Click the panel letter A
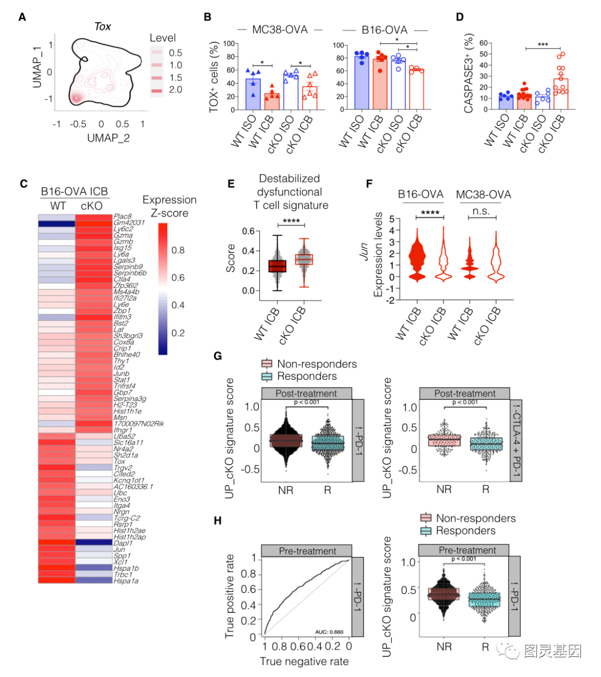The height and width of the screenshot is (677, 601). (22, 17)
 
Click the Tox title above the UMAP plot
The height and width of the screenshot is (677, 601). (102, 26)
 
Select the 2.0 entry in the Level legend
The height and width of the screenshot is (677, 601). (175, 90)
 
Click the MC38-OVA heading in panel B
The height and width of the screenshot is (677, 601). (279, 30)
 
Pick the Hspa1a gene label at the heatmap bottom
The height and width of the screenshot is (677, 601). (126, 581)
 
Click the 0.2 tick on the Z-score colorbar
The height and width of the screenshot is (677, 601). (178, 333)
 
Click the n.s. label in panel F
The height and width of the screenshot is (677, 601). (482, 212)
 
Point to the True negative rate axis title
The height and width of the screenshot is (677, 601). (304, 661)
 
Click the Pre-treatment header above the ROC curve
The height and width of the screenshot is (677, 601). (307, 551)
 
